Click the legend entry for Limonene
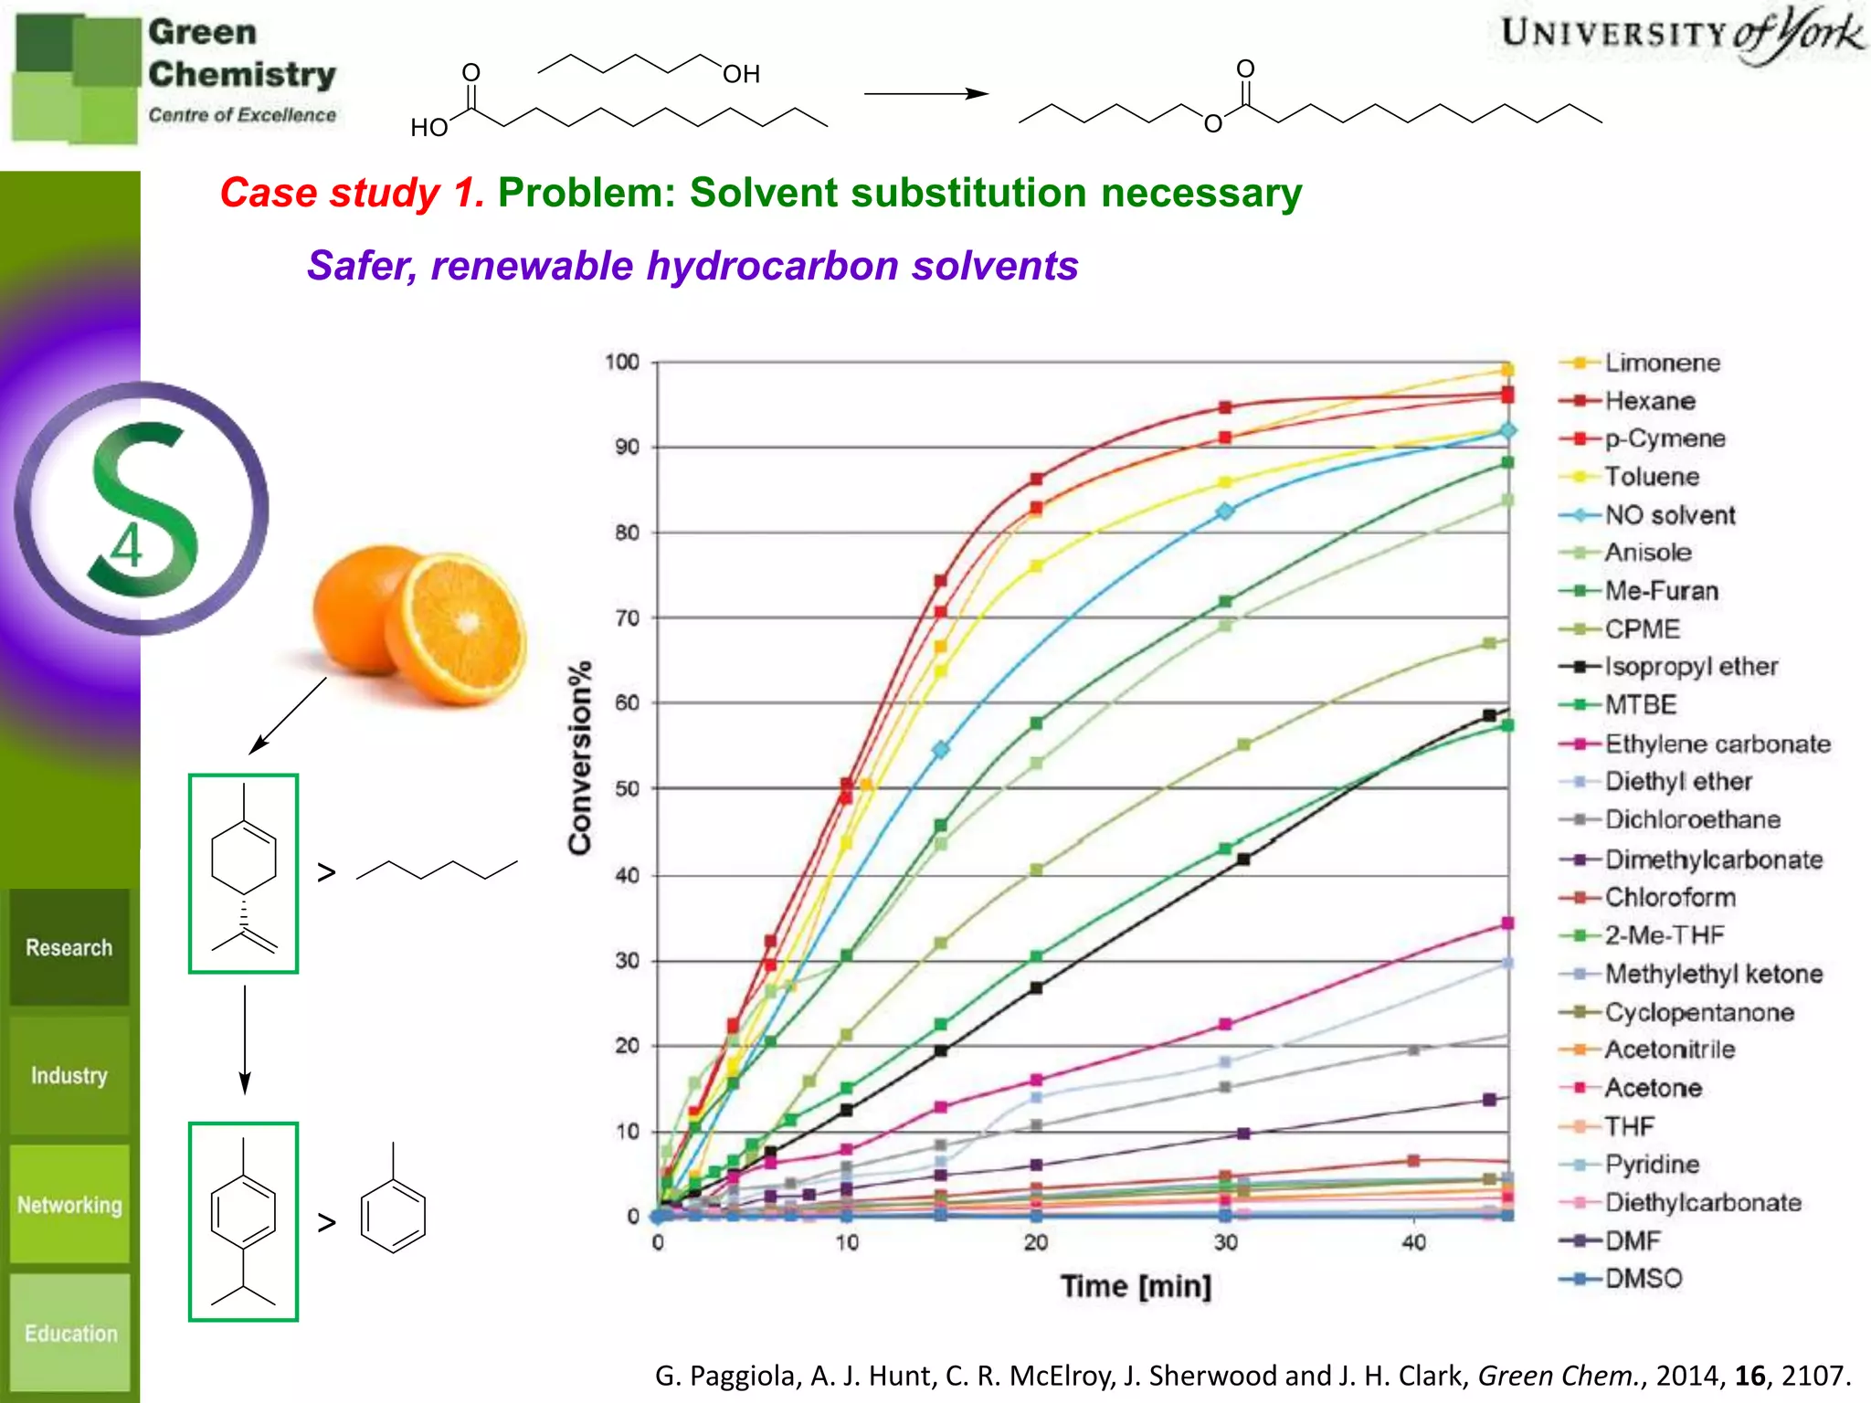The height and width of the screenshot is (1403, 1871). (1662, 363)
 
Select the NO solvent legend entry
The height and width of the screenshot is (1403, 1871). (1669, 515)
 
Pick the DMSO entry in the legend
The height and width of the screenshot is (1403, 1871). (1643, 1279)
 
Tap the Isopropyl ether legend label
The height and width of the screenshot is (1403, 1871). (1691, 667)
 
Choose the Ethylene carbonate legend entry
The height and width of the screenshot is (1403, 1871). (1718, 744)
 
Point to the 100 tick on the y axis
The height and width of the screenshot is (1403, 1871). (622, 363)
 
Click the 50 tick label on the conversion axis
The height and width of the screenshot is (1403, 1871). (627, 788)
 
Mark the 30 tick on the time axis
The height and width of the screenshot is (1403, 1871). (1225, 1242)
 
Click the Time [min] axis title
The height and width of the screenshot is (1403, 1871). (1136, 1286)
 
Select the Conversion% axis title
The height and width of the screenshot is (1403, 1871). (580, 757)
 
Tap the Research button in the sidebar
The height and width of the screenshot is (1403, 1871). (69, 947)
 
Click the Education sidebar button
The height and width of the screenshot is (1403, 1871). (70, 1333)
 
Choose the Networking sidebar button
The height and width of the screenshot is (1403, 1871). (69, 1205)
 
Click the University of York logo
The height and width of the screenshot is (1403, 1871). (1681, 35)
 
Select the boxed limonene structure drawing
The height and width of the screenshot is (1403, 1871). (244, 873)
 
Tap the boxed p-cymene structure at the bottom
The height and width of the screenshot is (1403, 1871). (244, 1221)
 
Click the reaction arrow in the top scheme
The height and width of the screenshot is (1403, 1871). (925, 93)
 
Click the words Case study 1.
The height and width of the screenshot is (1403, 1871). (352, 193)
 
